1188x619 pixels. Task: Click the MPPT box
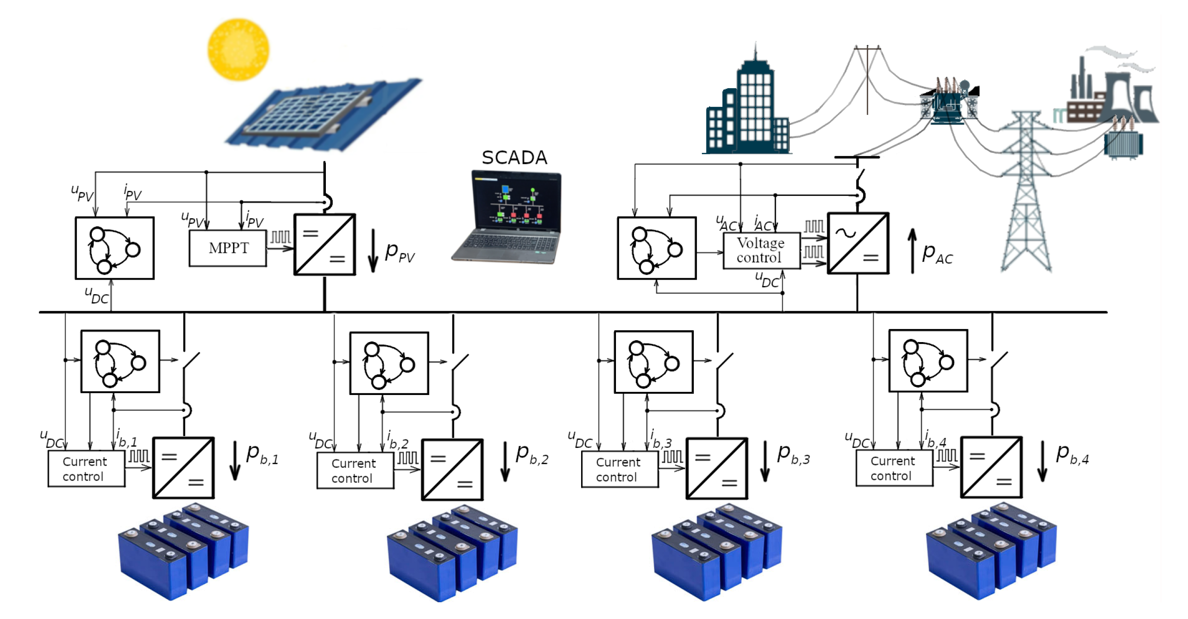228,248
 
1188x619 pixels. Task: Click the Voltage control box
761,251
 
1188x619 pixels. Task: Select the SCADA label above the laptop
514,158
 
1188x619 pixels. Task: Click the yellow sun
239,49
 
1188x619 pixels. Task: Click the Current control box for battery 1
86,469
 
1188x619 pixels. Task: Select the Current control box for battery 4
894,468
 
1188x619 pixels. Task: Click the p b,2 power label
532,455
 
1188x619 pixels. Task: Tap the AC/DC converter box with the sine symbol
858,243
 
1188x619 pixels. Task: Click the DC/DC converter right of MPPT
324,244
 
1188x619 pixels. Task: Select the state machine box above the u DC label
115,248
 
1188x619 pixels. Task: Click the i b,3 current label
661,439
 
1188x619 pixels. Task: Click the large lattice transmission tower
1026,194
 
